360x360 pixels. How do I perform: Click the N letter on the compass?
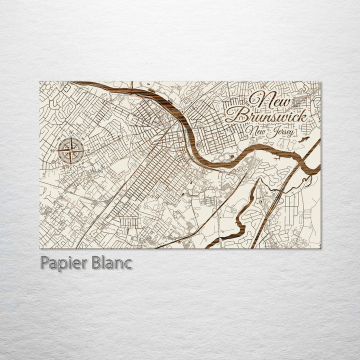[70, 132]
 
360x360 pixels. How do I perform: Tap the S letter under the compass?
[71, 166]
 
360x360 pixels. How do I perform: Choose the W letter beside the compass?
[52, 149]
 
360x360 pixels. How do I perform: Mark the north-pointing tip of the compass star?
[70, 137]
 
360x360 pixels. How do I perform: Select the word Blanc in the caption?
[111, 262]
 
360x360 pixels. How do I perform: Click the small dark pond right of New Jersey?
[301, 139]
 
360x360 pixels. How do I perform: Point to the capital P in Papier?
[43, 262]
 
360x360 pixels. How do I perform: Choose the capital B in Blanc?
[96, 262]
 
